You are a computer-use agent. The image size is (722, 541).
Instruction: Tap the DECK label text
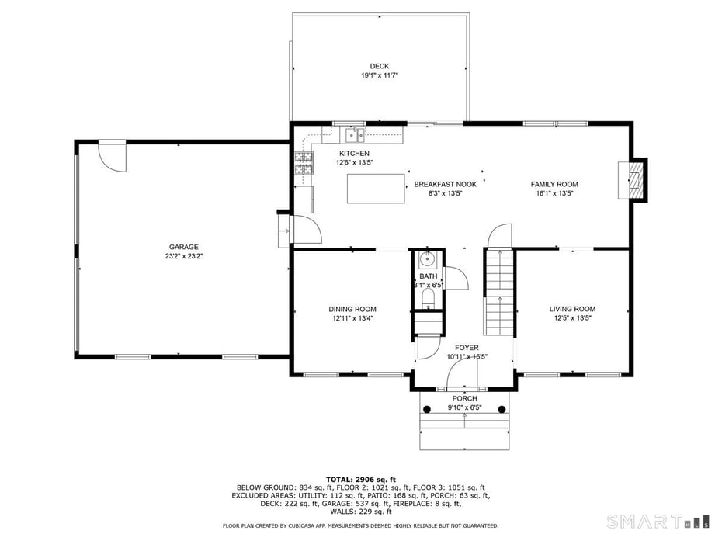(x=379, y=66)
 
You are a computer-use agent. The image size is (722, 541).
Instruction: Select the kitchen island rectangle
(x=377, y=189)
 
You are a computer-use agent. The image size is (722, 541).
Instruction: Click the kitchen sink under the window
(x=355, y=136)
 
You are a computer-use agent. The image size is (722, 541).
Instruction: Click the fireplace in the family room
(x=636, y=180)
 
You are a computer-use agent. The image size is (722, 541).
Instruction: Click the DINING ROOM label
(x=352, y=309)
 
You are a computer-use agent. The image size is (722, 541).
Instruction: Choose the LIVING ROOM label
(x=573, y=309)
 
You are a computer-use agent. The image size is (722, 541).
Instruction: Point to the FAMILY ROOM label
(x=554, y=184)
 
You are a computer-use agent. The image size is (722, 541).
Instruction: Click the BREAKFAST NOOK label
(x=445, y=184)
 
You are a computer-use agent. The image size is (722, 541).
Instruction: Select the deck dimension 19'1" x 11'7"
(x=379, y=75)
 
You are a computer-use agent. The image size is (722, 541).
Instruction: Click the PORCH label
(x=465, y=398)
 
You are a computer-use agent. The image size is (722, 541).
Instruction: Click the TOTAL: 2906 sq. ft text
(x=361, y=479)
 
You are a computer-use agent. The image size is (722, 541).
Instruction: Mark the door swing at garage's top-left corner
(x=113, y=158)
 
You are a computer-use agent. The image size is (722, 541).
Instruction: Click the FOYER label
(x=467, y=347)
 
